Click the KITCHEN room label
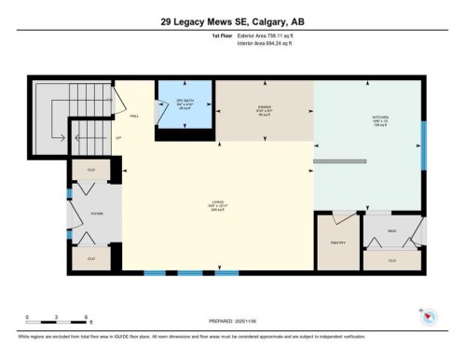(369, 118)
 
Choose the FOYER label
(96, 214)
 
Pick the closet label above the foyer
(91, 170)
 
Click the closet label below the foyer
(91, 257)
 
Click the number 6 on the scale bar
(86, 317)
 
